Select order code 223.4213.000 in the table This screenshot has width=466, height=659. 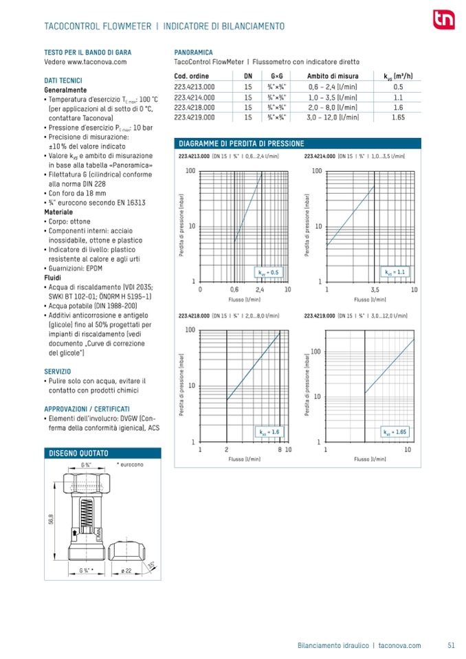(195, 87)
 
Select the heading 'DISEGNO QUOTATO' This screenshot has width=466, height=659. (79, 454)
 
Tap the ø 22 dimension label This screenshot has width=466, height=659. (126, 571)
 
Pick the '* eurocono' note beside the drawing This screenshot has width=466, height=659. (130, 466)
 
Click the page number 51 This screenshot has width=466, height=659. (451, 645)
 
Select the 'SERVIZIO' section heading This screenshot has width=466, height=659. (59, 371)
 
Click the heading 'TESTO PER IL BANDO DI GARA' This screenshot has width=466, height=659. (87, 52)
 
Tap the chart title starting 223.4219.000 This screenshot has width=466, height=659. (356, 315)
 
